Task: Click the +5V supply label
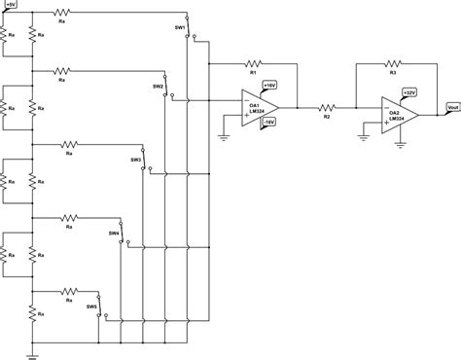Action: click(10, 6)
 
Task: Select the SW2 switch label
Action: click(157, 87)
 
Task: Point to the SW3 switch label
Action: click(135, 160)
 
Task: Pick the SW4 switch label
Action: click(114, 233)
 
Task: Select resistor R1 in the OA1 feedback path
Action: click(252, 66)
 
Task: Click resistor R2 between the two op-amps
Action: click(327, 108)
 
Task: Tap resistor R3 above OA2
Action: click(394, 66)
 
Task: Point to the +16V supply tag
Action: click(269, 86)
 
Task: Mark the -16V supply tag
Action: click(269, 123)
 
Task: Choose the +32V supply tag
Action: click(411, 92)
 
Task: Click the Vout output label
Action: click(451, 108)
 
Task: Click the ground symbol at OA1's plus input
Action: click(225, 138)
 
